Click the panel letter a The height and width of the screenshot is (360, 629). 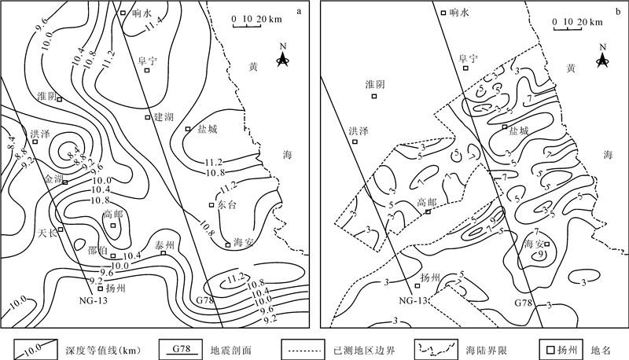300,10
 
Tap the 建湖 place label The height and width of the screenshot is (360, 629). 164,116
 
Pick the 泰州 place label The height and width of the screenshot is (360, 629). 164,244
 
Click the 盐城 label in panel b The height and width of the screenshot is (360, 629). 519,130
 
